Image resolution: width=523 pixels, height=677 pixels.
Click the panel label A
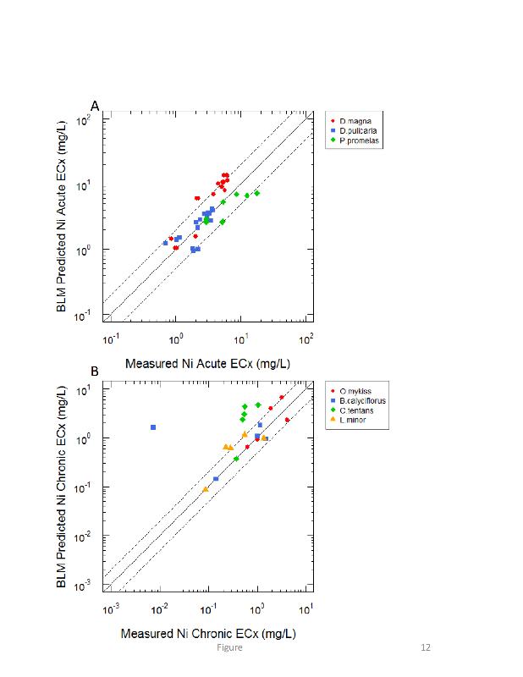point(96,106)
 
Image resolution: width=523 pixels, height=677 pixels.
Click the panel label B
point(95,371)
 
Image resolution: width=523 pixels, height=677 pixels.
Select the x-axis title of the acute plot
point(209,364)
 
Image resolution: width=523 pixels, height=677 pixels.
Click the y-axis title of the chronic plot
point(63,488)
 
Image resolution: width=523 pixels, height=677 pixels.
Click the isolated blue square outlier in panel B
point(153,427)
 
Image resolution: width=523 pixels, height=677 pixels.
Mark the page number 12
point(426,647)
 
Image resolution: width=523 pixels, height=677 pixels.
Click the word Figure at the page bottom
point(229,647)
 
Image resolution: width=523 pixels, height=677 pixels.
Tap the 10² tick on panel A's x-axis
point(306,338)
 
